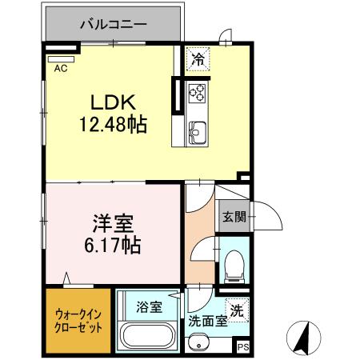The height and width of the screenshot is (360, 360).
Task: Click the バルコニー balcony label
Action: pyautogui.click(x=113, y=24)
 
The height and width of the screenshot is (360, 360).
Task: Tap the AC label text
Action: pyautogui.click(x=60, y=70)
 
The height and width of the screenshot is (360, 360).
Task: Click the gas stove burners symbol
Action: pyautogui.click(x=197, y=95)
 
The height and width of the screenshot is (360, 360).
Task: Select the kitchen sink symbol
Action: pyautogui.click(x=197, y=130)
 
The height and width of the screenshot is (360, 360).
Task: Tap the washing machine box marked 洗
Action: pyautogui.click(x=238, y=308)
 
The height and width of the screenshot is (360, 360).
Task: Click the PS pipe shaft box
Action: pyautogui.click(x=242, y=346)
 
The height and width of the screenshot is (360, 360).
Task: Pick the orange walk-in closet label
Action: pyautogui.click(x=78, y=322)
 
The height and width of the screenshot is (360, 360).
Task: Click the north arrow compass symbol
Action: pyautogui.click(x=302, y=337)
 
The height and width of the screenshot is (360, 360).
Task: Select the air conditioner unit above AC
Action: pyautogui.click(x=60, y=58)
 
